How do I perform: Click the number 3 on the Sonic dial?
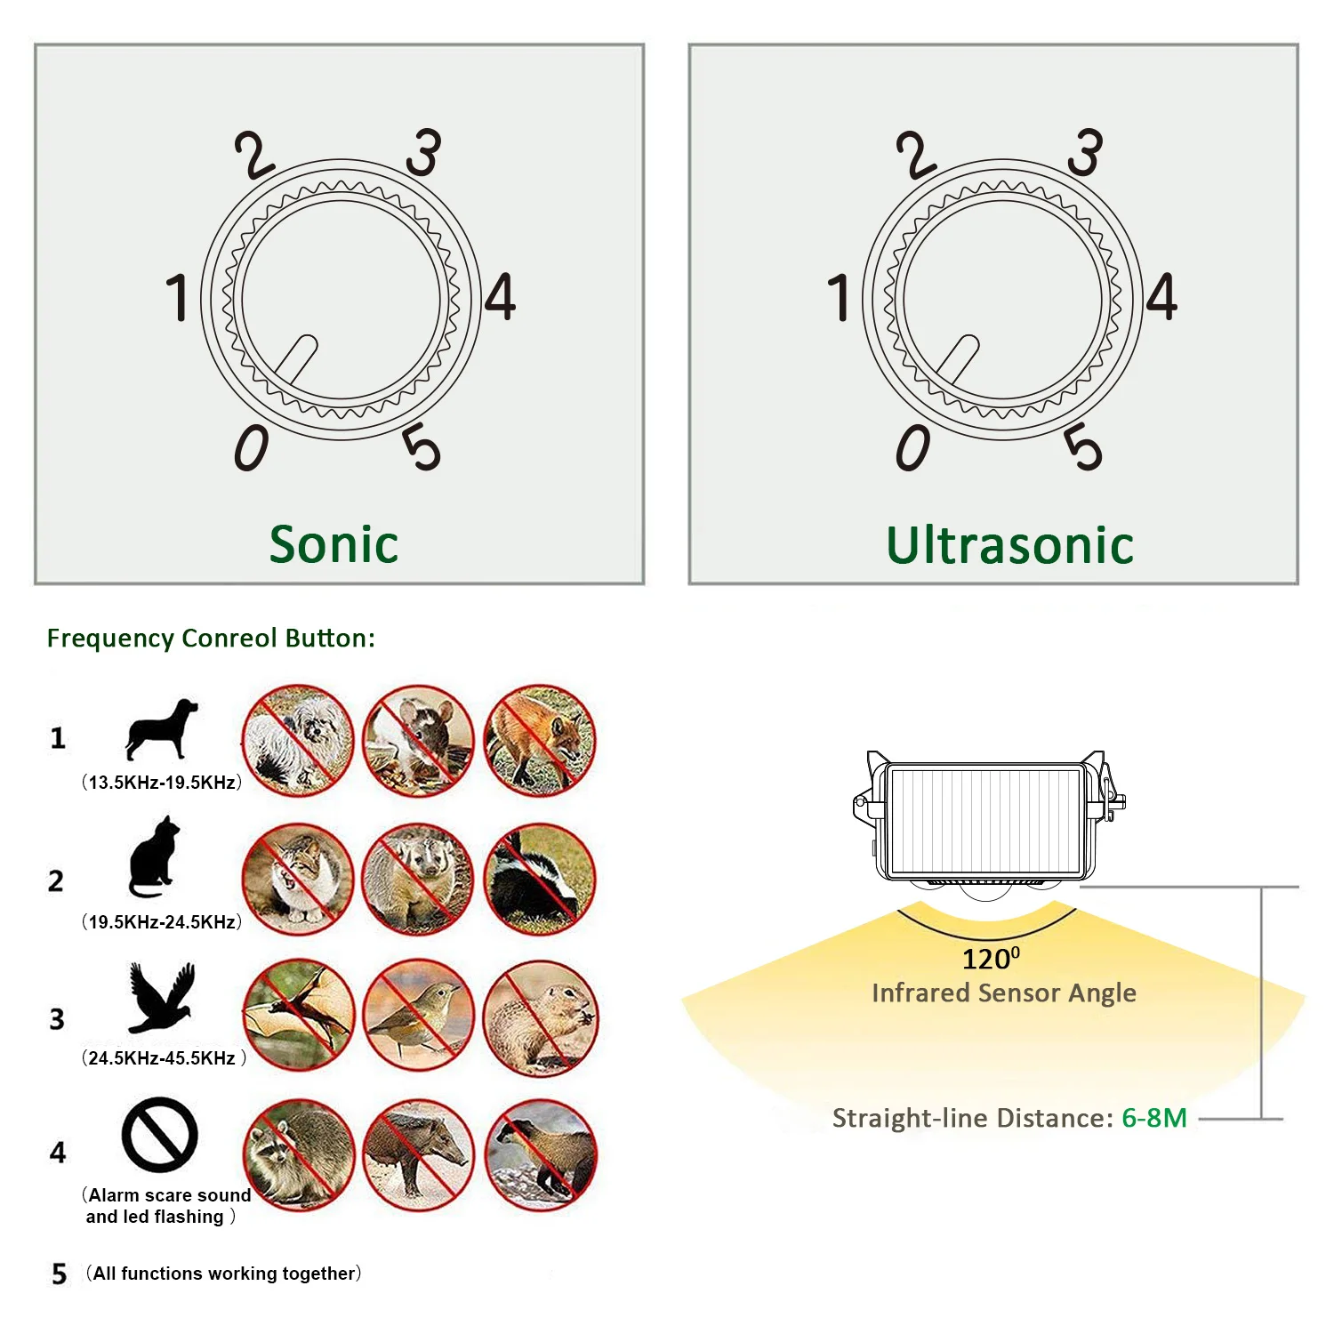[x=423, y=152]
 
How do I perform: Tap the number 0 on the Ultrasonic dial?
[x=912, y=447]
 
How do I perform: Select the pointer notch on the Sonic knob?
[x=297, y=359]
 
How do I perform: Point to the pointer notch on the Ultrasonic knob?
[x=959, y=359]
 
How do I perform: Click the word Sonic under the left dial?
[x=333, y=544]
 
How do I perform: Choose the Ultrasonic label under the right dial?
[x=1009, y=545]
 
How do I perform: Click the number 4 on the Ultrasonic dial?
[x=1161, y=297]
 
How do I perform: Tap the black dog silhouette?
[x=161, y=728]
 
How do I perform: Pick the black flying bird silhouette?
[x=161, y=997]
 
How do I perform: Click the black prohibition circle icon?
[x=160, y=1135]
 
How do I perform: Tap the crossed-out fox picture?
[x=540, y=741]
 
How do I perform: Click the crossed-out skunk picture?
[x=540, y=880]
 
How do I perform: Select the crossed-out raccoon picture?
[x=299, y=1154]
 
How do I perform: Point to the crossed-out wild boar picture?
[x=419, y=1154]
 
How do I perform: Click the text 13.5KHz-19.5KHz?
[x=162, y=783]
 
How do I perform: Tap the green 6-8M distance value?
[x=1154, y=1118]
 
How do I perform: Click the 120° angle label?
[x=991, y=959]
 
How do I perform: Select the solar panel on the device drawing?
[x=985, y=821]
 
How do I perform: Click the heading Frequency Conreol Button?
[x=211, y=639]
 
